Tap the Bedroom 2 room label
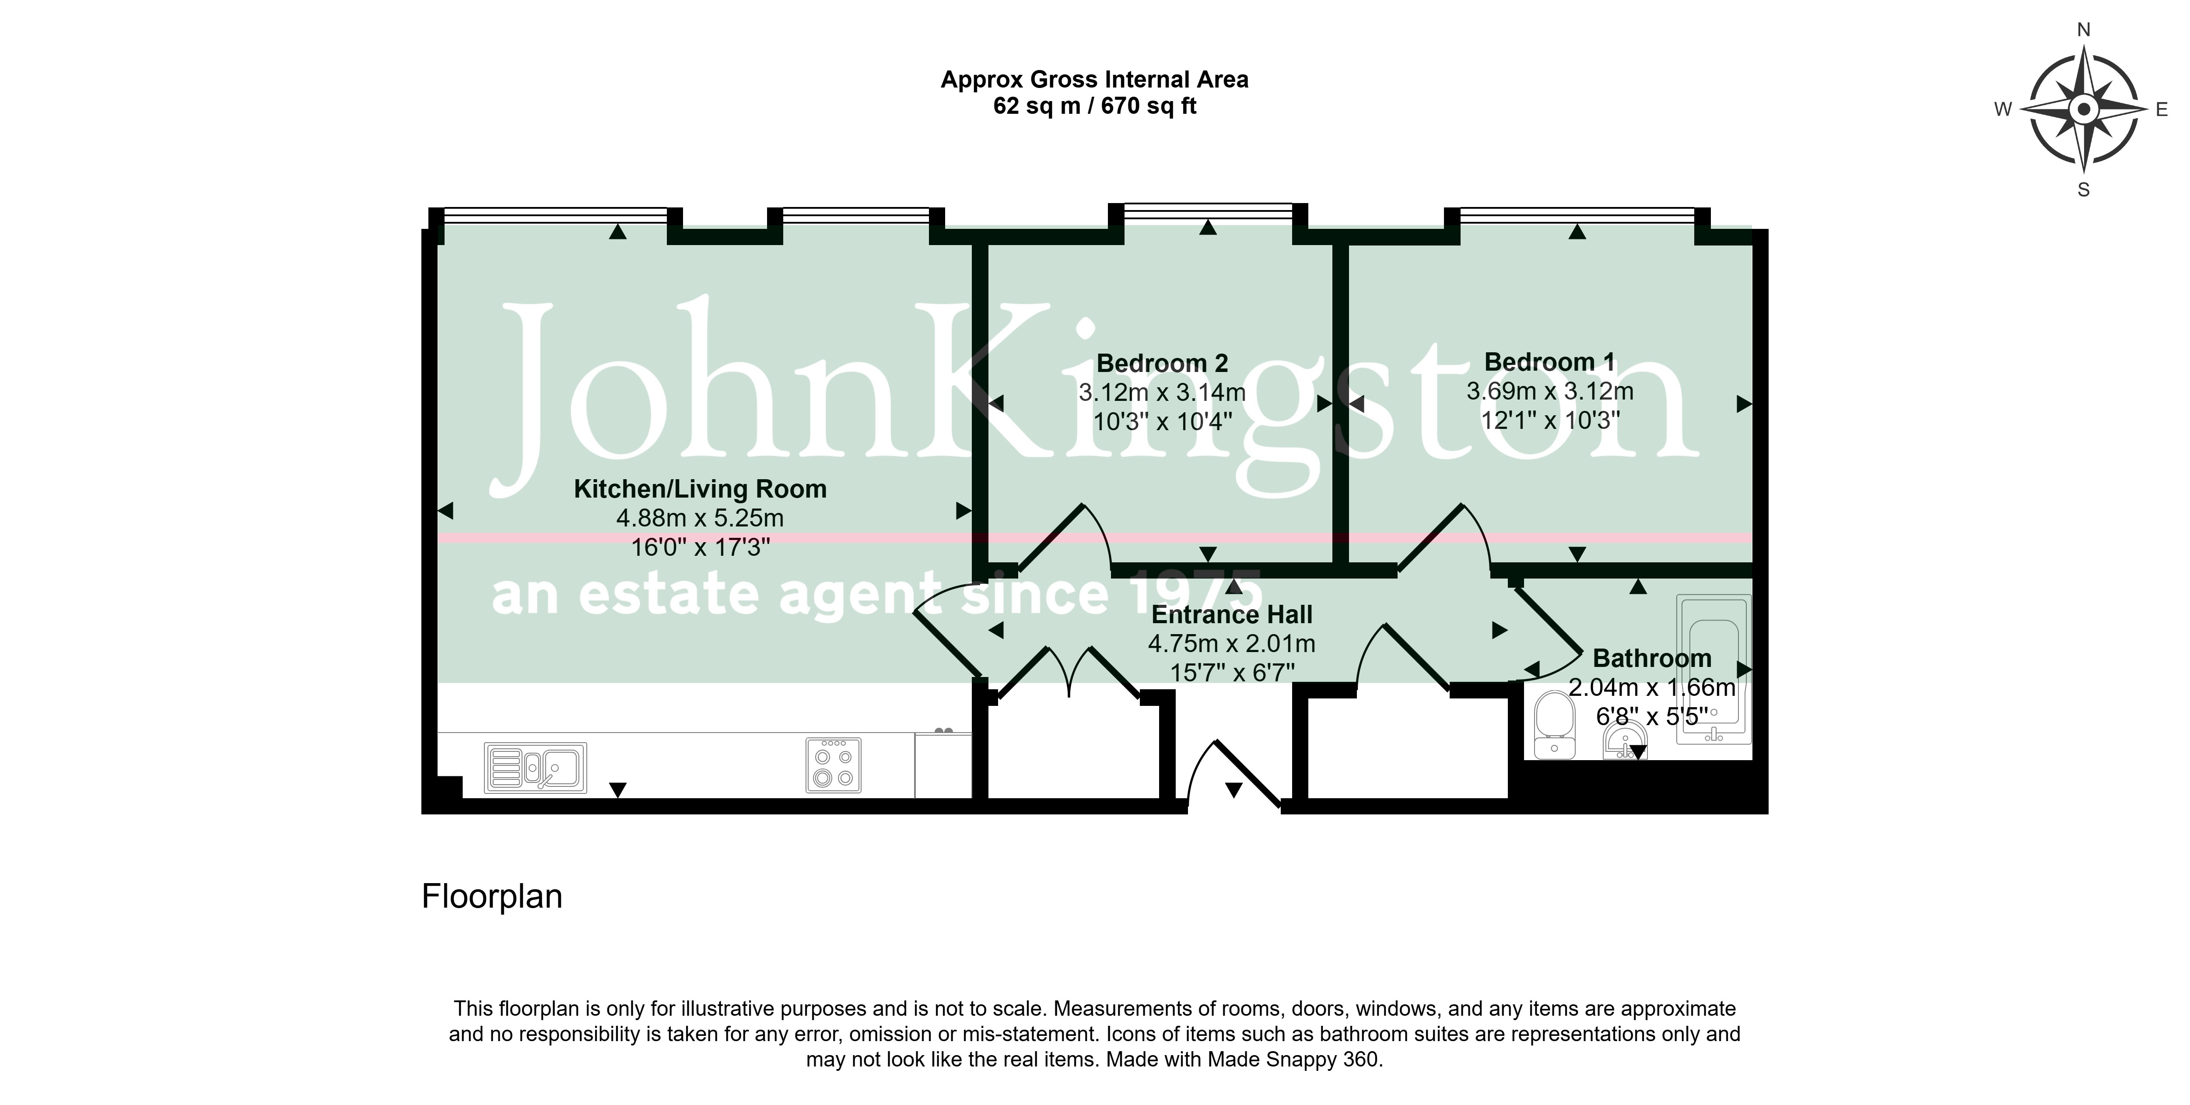pyautogui.click(x=1162, y=364)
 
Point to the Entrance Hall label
pyautogui.click(x=1232, y=614)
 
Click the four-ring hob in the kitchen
pyautogui.click(x=833, y=765)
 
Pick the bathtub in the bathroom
pyautogui.click(x=1714, y=670)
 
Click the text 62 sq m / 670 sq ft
pyautogui.click(x=1095, y=106)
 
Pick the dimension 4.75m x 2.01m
pyautogui.click(x=1232, y=643)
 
